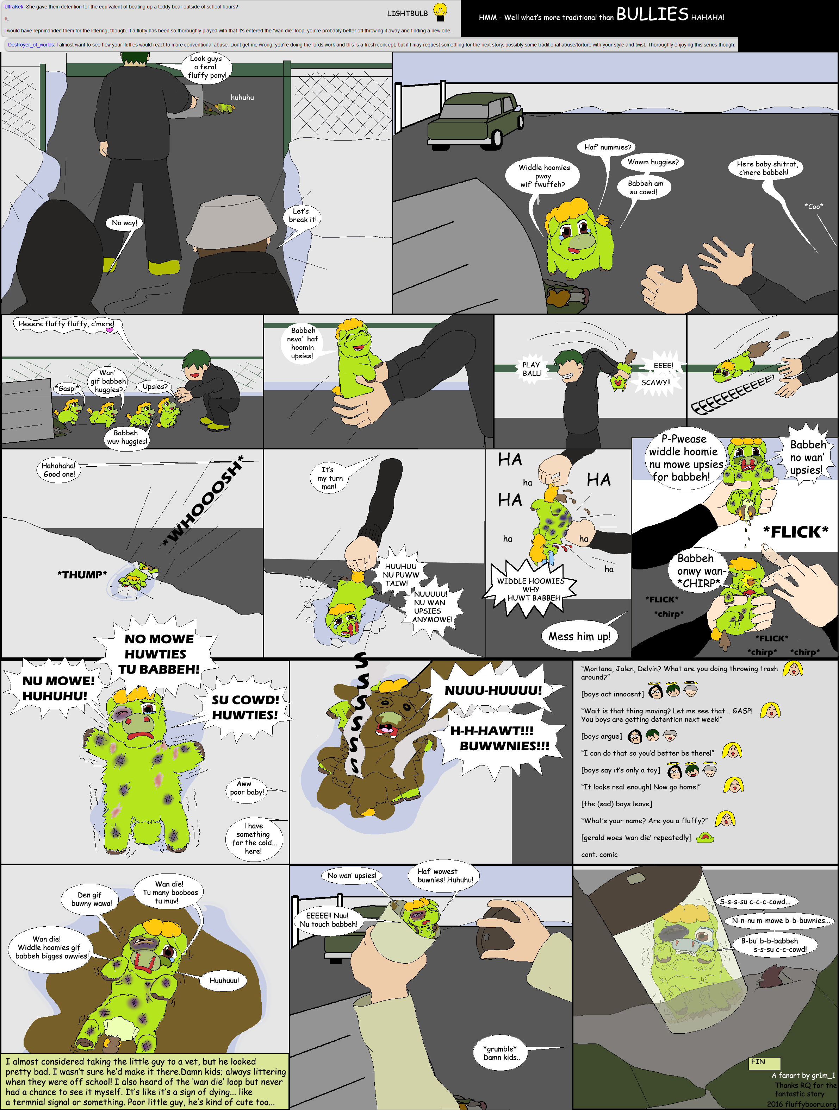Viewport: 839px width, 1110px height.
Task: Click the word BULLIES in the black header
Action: pos(652,14)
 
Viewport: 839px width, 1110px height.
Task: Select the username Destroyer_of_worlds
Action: pos(31,45)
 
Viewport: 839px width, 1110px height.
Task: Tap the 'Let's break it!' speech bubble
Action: pos(303,215)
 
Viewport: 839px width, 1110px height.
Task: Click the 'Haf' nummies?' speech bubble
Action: pos(608,147)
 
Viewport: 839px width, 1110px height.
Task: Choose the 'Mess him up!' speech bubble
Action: pos(579,636)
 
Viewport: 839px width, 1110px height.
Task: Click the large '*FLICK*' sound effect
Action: pos(795,532)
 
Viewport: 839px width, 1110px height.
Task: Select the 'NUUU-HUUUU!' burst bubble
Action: pos(493,690)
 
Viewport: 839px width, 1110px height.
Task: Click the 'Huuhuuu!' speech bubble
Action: pos(224,980)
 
